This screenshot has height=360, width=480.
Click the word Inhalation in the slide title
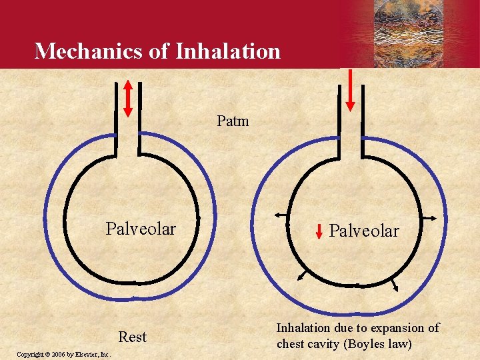pos(228,51)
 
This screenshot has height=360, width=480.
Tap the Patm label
pos(233,121)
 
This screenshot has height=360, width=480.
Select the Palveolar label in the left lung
pos(141,229)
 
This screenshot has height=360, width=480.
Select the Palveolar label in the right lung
pos(364,231)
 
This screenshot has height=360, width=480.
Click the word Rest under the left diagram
pos(132,337)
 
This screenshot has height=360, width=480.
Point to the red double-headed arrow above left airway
pos(129,98)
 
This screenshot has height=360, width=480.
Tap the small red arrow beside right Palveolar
pos(319,231)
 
